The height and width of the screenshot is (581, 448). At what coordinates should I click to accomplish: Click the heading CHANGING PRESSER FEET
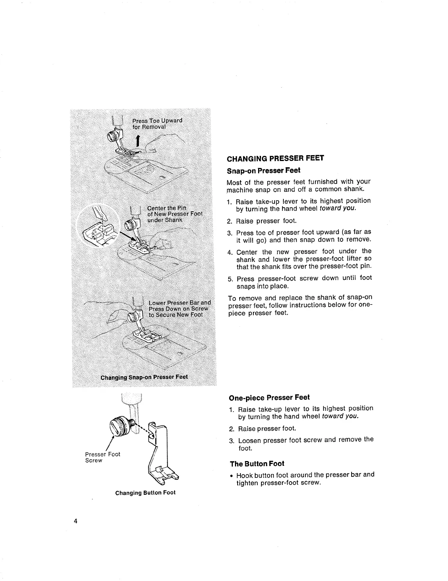pyautogui.click(x=275, y=158)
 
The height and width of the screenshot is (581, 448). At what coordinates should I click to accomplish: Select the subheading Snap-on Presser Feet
pyautogui.click(x=264, y=171)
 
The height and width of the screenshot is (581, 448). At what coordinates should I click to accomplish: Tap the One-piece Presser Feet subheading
pyautogui.click(x=269, y=397)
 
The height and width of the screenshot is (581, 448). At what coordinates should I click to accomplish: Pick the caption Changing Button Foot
pyautogui.click(x=145, y=493)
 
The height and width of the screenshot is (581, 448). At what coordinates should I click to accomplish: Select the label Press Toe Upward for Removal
pyautogui.click(x=157, y=124)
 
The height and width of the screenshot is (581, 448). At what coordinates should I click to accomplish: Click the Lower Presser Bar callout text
pyautogui.click(x=179, y=308)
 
